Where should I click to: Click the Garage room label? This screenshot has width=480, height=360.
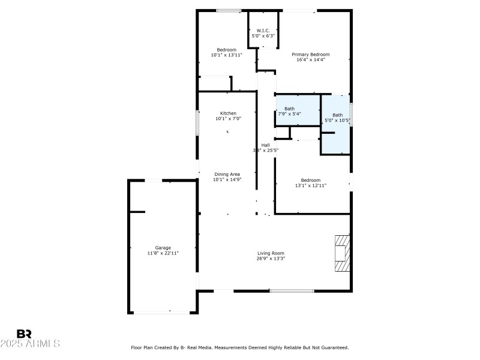(x=163, y=248)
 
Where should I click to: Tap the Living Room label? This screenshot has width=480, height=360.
(x=271, y=253)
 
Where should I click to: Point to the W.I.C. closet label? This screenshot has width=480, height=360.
(x=263, y=31)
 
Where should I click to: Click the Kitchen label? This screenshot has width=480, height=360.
(x=228, y=113)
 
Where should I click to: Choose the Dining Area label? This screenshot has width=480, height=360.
(x=227, y=174)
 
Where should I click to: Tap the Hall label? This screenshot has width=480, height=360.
(x=265, y=145)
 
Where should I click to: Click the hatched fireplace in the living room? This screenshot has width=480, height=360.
(x=341, y=253)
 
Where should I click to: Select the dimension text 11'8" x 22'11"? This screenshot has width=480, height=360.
(x=163, y=253)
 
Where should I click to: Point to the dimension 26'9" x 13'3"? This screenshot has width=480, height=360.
(x=271, y=259)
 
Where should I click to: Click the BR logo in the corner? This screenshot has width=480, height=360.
(x=24, y=334)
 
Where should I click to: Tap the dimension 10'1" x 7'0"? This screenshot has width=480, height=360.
(x=228, y=119)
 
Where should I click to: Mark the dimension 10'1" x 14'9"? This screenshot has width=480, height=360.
(x=227, y=179)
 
